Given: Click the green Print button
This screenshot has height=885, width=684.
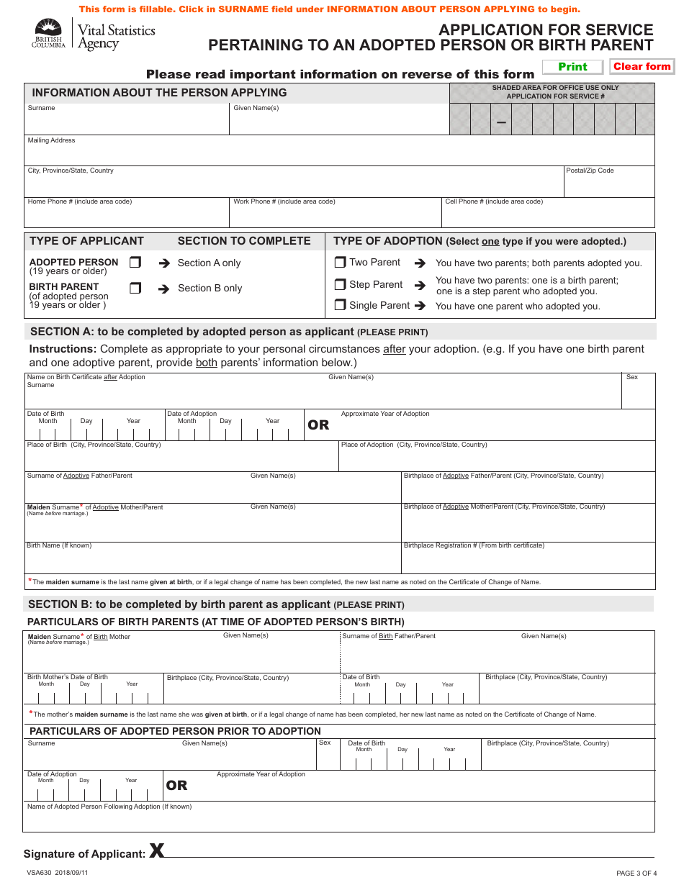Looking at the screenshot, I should [572, 67].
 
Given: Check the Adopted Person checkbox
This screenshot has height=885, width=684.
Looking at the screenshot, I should [135, 263].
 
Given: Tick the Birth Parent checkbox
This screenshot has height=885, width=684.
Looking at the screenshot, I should [135, 288].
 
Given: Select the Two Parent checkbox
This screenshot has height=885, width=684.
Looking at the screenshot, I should [341, 263].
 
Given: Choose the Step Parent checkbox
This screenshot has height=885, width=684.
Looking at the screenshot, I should [341, 284].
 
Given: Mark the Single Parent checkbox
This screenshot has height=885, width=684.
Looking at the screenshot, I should [341, 305].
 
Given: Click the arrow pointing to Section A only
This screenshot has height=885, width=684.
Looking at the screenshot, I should [163, 263].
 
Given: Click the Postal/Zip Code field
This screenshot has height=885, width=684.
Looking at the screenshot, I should [609, 186].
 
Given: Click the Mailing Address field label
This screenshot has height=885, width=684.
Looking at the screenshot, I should [51, 140].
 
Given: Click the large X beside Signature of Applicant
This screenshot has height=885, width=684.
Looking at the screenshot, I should [156, 851].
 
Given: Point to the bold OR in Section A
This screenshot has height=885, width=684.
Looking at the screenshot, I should [318, 425].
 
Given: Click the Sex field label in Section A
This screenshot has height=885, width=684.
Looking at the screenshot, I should [632, 377].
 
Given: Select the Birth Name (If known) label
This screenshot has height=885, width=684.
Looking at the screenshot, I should [59, 545].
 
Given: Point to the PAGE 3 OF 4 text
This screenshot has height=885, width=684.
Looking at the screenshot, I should [636, 873].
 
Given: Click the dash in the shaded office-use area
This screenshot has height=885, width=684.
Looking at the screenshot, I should [501, 123].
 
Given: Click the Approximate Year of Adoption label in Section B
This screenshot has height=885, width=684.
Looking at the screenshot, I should [261, 774].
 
